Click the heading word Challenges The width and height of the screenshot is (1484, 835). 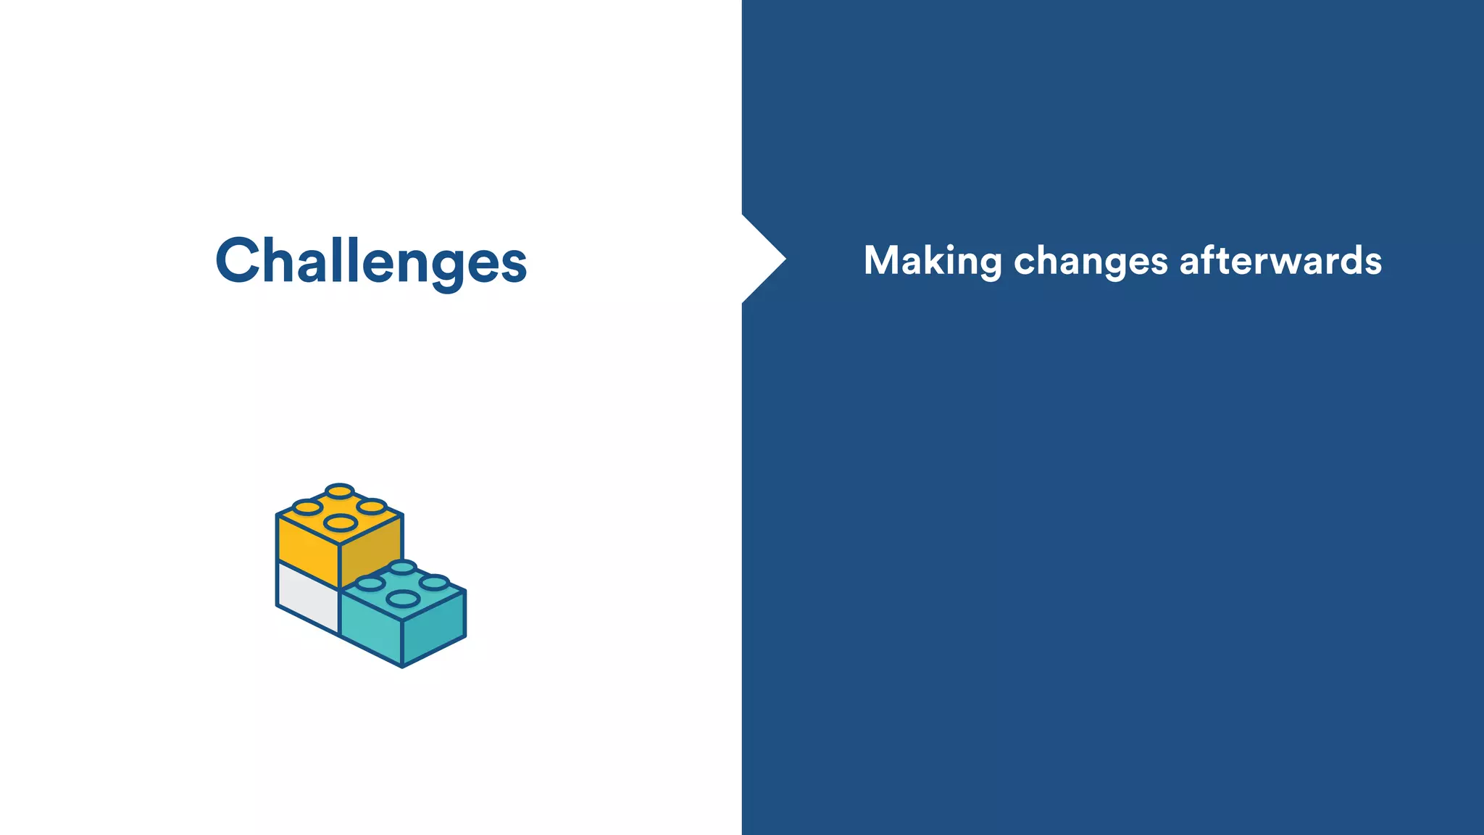coord(371,261)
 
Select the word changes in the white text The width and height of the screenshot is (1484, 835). coord(1091,261)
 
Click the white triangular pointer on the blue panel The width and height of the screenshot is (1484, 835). coord(761,259)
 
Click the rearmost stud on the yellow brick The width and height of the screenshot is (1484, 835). coord(339,491)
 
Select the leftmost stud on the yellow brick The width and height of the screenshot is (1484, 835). coord(307,507)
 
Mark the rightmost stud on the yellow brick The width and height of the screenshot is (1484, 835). coord(372,506)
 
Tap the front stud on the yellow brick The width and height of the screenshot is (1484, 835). coord(340,522)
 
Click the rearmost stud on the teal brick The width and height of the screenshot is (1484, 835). coord(402,567)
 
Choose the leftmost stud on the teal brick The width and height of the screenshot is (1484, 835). coord(370,583)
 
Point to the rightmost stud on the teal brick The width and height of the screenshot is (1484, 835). coord(434,582)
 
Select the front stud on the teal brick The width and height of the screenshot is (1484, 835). coord(403,599)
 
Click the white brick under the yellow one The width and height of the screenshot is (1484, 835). coord(307,597)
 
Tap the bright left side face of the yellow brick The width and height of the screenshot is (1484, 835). coord(307,544)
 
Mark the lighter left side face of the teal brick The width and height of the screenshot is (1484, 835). coord(370,627)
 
